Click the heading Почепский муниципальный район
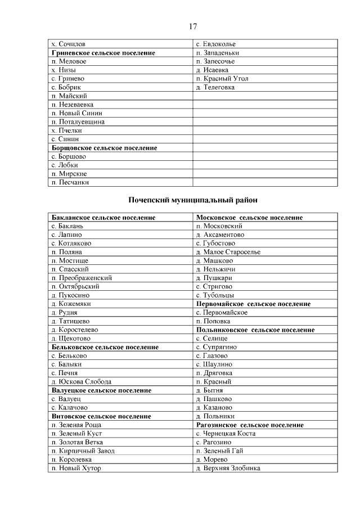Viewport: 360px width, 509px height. click(193, 200)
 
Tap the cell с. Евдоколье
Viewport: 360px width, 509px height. click(215, 44)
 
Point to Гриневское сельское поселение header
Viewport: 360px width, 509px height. click(103, 53)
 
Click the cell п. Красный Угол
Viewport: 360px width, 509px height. click(222, 79)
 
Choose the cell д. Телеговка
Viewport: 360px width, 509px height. click(215, 88)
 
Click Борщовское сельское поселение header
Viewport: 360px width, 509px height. click(104, 148)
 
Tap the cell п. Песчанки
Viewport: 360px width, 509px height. click(70, 182)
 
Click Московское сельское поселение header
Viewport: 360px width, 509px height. click(249, 217)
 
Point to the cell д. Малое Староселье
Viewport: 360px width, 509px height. click(228, 252)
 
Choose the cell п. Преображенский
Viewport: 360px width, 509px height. click(82, 278)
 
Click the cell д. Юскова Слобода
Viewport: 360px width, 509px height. click(81, 382)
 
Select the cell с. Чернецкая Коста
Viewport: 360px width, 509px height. click(226, 434)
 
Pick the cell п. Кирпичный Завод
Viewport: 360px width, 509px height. click(83, 451)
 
